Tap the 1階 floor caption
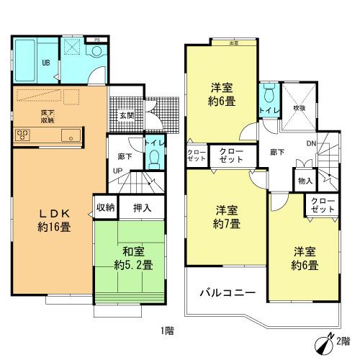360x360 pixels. [x=167, y=330]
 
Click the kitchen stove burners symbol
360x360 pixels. [x=22, y=133]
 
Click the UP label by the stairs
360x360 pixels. [x=116, y=171]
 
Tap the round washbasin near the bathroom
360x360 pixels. [x=96, y=52]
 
